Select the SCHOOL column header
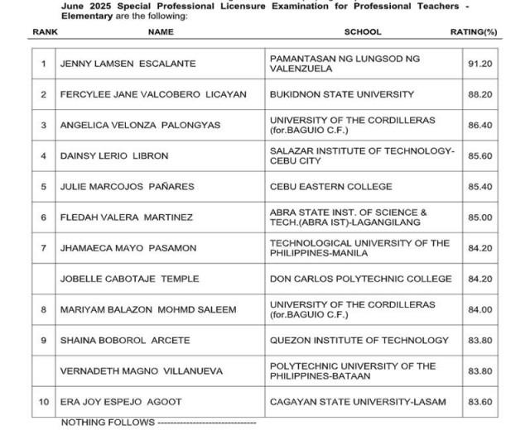click(362, 32)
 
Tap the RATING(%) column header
click(473, 32)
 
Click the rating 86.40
click(479, 126)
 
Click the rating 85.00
click(479, 217)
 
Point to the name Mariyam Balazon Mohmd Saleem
click(148, 309)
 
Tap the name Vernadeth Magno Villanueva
click(142, 370)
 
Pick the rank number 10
click(44, 402)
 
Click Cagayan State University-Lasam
click(358, 402)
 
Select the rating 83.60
click(479, 402)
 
